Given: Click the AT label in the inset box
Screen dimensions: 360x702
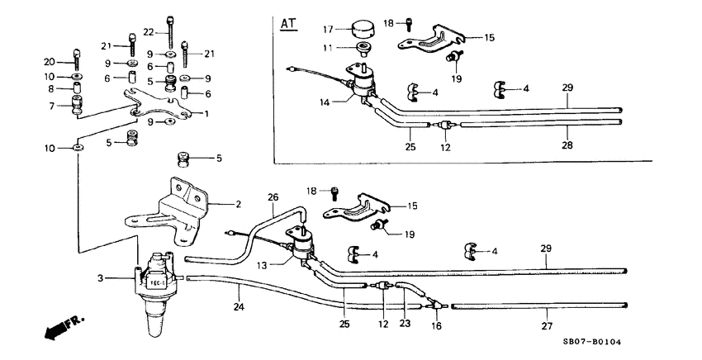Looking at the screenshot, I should [x=288, y=23].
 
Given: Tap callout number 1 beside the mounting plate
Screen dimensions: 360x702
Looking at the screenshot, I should [x=206, y=113].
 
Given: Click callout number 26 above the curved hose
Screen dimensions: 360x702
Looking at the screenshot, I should [x=273, y=197].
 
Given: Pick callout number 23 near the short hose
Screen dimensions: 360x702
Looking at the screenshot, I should [x=404, y=324].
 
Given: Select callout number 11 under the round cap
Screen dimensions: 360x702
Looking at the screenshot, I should [x=330, y=49].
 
